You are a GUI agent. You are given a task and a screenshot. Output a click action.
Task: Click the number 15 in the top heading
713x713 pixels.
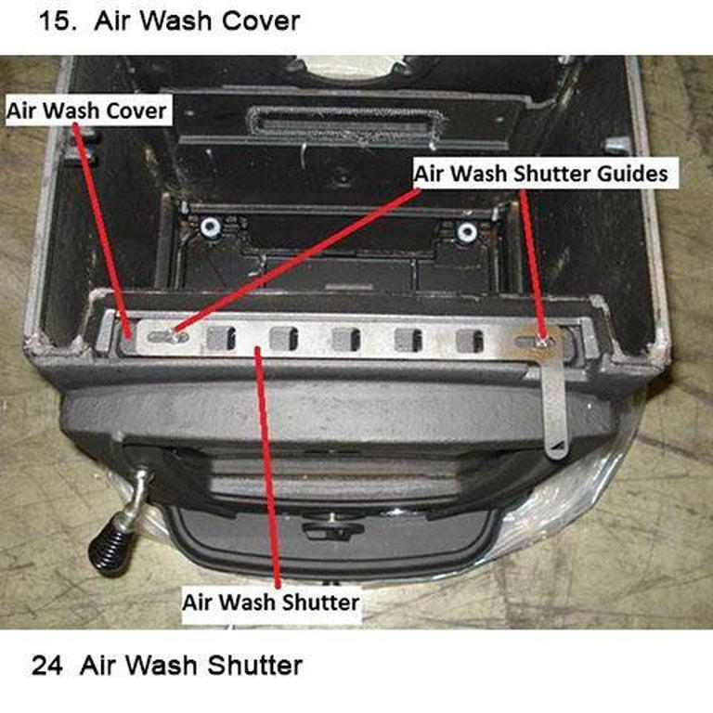point(58,21)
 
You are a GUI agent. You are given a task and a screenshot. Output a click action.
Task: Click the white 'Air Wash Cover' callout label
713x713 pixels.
point(86,111)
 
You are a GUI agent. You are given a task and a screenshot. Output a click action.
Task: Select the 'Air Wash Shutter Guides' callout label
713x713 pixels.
point(540,174)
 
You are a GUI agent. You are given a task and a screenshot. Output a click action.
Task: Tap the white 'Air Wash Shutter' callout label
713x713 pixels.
point(270,602)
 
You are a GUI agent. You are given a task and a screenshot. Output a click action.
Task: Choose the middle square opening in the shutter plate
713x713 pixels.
point(346,340)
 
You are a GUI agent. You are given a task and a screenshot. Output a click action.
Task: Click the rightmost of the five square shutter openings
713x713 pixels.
point(469,341)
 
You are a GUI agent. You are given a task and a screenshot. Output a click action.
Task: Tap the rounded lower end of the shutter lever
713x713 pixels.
point(555,451)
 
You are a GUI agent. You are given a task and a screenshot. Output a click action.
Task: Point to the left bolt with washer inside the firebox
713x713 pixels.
point(209,227)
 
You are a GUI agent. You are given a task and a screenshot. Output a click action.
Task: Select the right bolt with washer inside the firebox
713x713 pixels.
point(467,230)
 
